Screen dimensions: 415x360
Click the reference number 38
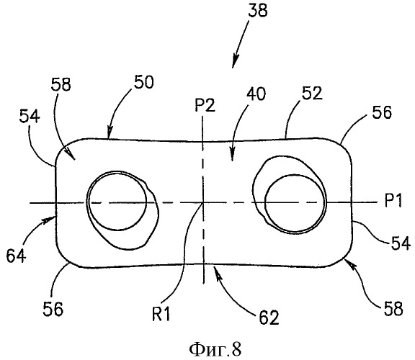pos(257,12)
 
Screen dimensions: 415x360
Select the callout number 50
pos(143,82)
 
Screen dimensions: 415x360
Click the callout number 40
pos(256,94)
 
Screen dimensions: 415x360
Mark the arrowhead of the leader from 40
pos(232,156)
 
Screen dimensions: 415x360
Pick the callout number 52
pos(312,94)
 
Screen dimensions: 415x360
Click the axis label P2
pos(205,106)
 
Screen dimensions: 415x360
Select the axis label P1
pos(393,200)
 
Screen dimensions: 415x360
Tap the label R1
pos(161,314)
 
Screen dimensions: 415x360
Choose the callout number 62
pos(269,318)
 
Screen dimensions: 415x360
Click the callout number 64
pos(16,256)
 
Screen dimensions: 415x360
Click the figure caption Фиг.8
pos(215,350)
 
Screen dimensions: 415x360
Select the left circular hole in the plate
pos(117,201)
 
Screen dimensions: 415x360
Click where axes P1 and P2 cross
pos(203,203)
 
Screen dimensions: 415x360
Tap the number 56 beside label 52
pos(382,112)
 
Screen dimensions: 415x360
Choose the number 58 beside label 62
pos(393,308)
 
